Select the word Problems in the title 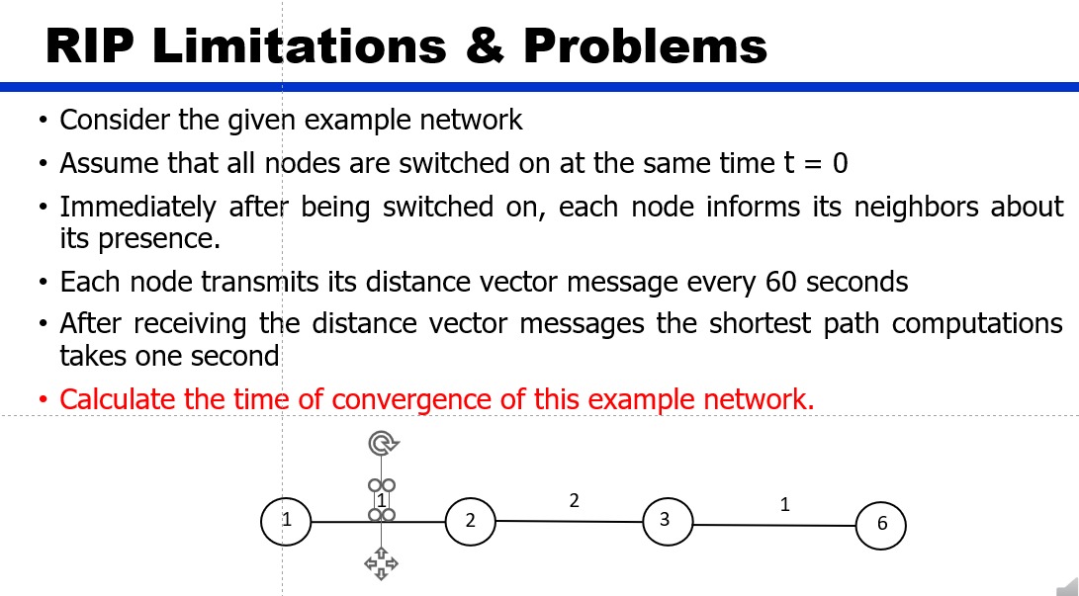pos(645,45)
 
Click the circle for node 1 pos(286,521)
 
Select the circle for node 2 pos(471,521)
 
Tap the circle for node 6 pos(880,526)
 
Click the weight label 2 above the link pos(575,500)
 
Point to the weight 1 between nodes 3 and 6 pos(785,504)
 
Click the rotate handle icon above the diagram pos(382,442)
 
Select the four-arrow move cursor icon pos(381,563)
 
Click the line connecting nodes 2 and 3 pos(569,521)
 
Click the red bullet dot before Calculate pos(43,399)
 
